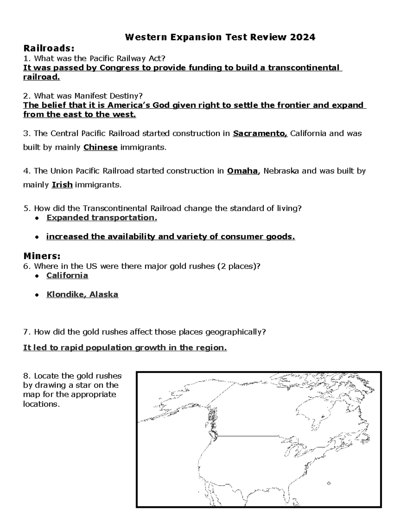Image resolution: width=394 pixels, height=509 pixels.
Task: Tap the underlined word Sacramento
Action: pyautogui.click(x=260, y=133)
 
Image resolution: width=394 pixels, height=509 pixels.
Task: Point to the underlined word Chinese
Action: pyautogui.click(x=100, y=147)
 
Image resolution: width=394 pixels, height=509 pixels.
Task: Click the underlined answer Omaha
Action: pyautogui.click(x=242, y=171)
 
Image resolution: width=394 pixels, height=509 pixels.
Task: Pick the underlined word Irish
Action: pyautogui.click(x=62, y=185)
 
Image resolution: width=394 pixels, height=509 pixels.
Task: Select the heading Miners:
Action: pyautogui.click(x=42, y=256)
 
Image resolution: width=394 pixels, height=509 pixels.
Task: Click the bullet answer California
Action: pyautogui.click(x=67, y=275)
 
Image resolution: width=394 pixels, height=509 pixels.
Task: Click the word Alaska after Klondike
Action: pyautogui.click(x=104, y=294)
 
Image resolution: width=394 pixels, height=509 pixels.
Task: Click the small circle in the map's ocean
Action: pyautogui.click(x=329, y=483)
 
